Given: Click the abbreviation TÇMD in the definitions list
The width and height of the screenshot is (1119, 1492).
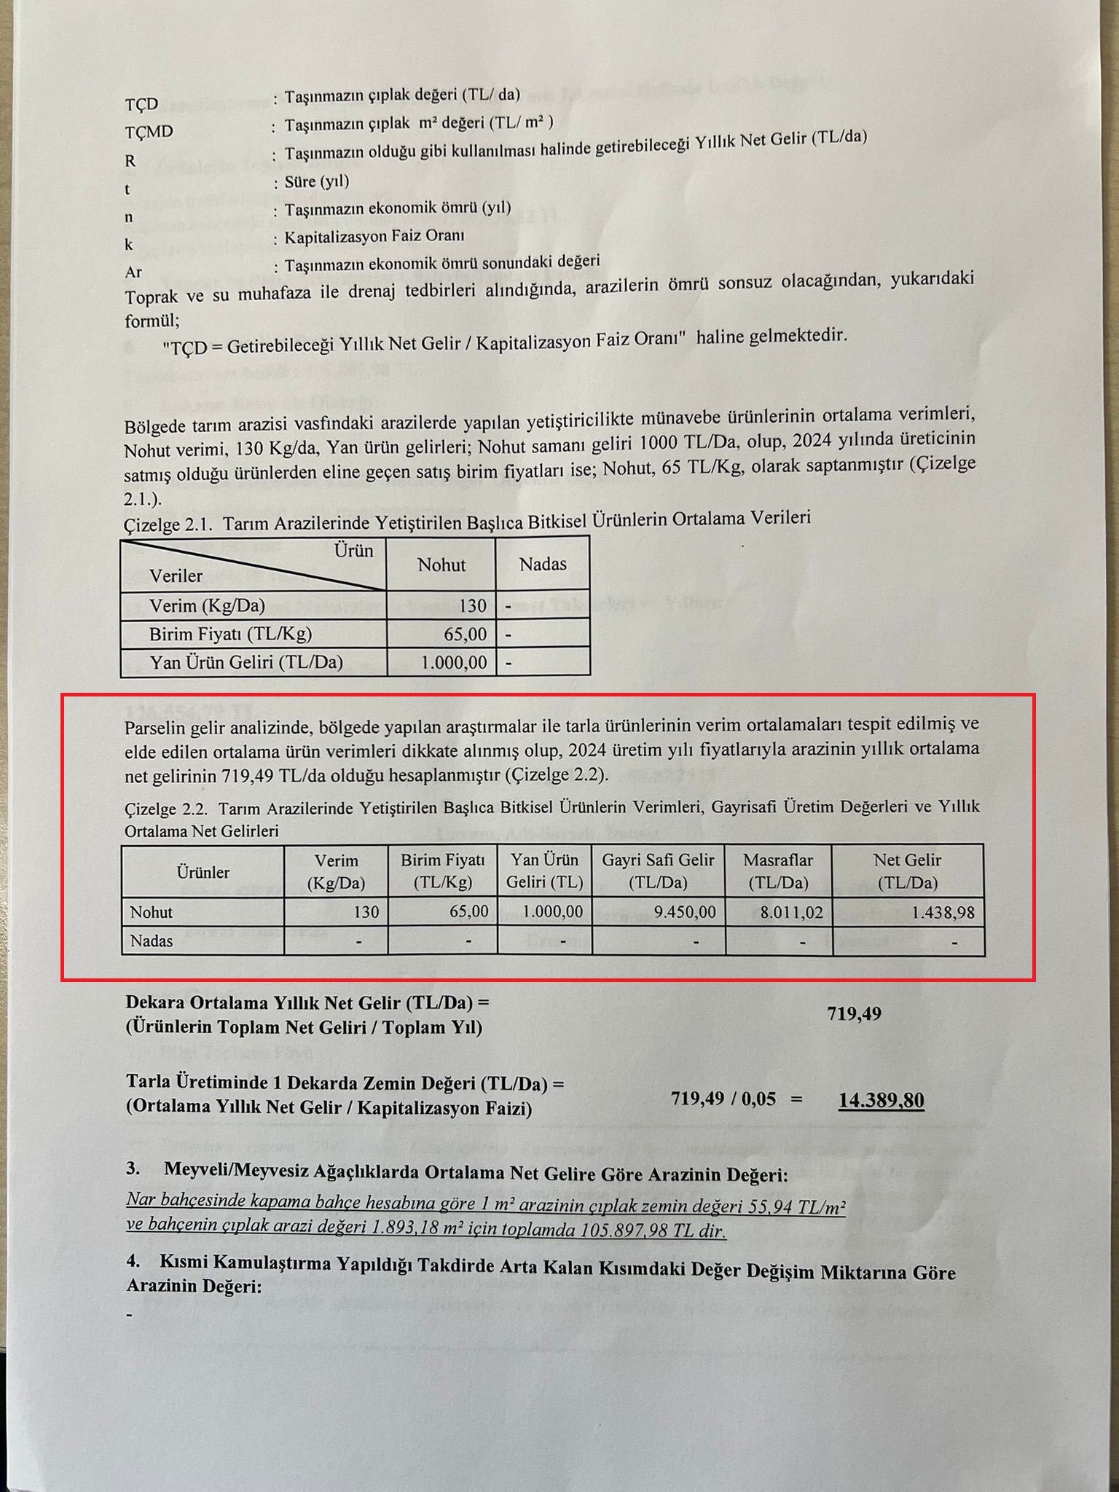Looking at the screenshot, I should pyautogui.click(x=149, y=132).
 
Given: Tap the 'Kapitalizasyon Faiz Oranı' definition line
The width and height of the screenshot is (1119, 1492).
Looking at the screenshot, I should pyautogui.click(x=374, y=237).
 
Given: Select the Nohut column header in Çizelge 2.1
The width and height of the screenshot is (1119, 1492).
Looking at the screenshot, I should pyautogui.click(x=441, y=565).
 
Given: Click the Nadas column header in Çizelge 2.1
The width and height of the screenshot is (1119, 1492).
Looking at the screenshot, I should pyautogui.click(x=543, y=564).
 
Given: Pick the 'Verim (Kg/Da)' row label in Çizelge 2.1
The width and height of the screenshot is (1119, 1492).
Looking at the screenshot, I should pyautogui.click(x=207, y=606).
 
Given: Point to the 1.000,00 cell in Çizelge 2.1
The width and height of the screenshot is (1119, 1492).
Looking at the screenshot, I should pyautogui.click(x=453, y=663).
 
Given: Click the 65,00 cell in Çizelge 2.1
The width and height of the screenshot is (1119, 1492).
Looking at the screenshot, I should pyautogui.click(x=465, y=635).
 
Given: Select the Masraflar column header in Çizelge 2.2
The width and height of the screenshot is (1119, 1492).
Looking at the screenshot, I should pyautogui.click(x=778, y=871).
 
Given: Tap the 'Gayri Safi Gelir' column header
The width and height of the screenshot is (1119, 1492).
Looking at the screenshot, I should pyautogui.click(x=658, y=871).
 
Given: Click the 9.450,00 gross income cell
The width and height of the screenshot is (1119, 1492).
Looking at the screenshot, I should pyautogui.click(x=685, y=912).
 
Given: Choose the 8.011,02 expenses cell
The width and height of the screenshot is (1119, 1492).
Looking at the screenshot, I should pyautogui.click(x=792, y=913).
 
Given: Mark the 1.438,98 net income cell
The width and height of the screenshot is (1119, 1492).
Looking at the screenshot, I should pyautogui.click(x=943, y=913).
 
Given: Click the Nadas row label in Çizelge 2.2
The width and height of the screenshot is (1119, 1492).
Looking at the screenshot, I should pyautogui.click(x=152, y=941).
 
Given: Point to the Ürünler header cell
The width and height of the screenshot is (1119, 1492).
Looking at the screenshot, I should pyautogui.click(x=203, y=872).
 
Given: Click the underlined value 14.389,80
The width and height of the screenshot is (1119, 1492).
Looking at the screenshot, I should pyautogui.click(x=881, y=1100).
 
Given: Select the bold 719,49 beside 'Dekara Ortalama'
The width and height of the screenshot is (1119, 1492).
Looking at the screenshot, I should pyautogui.click(x=854, y=1014).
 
